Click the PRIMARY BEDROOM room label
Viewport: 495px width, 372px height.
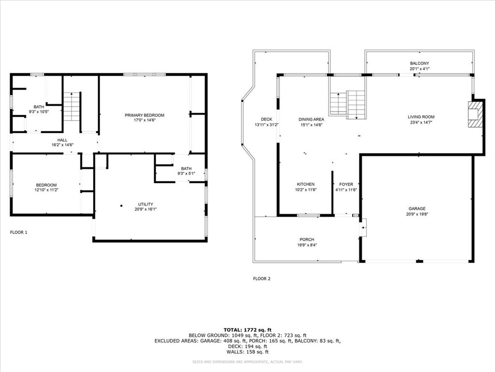click(145, 115)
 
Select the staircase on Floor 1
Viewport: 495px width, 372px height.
click(72, 107)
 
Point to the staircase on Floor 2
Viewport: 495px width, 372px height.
click(348, 103)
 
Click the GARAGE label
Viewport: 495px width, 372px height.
click(416, 209)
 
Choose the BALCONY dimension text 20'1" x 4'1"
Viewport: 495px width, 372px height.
click(419, 69)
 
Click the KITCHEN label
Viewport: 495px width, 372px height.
click(306, 184)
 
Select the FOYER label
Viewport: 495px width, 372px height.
click(346, 184)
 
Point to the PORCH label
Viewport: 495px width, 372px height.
click(306, 240)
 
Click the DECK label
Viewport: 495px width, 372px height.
click(266, 119)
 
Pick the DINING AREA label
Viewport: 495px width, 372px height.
click(311, 119)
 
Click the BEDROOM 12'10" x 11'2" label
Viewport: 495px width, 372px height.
click(46, 185)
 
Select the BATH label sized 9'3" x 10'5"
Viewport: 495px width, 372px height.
click(38, 107)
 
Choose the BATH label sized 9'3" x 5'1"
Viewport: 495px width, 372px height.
click(186, 169)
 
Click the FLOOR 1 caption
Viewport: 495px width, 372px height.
click(19, 232)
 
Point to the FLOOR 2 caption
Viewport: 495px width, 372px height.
click(262, 279)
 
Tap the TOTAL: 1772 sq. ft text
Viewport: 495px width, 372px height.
click(247, 329)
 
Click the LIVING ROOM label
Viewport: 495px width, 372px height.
click(421, 117)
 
